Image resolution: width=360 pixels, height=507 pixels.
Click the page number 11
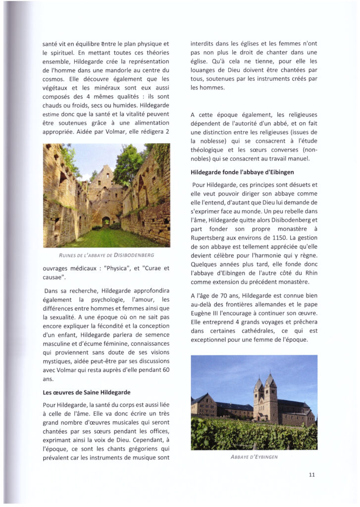coord(311,474)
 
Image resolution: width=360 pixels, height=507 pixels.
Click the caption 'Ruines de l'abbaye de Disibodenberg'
coord(106,255)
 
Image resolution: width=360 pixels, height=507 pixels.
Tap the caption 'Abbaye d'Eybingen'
coord(254,457)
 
